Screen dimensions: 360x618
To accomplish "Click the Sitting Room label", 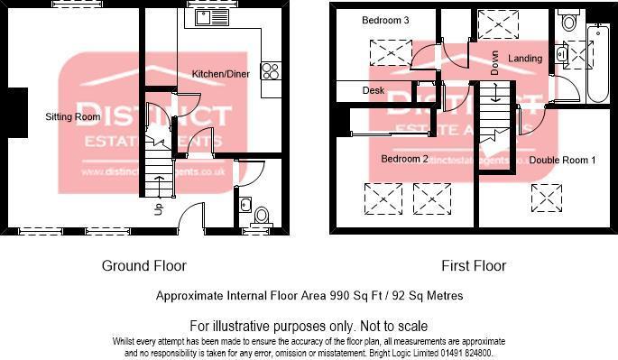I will click(x=73, y=117).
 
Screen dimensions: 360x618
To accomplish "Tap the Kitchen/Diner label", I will click(x=221, y=73).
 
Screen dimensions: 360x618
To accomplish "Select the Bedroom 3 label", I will click(x=384, y=20).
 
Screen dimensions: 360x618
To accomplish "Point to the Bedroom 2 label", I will click(x=403, y=159).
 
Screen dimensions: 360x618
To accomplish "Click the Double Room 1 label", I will click(x=562, y=160).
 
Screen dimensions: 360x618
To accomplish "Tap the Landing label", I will click(x=525, y=59).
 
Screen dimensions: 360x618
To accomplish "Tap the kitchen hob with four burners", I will click(x=271, y=72).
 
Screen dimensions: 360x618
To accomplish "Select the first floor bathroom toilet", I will click(x=568, y=22).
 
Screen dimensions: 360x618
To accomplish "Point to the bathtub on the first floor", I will click(x=596, y=63).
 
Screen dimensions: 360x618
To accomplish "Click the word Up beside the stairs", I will click(x=160, y=211).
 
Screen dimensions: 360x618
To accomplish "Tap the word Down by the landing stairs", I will click(x=494, y=61).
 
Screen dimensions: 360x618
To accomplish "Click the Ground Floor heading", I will click(x=143, y=266).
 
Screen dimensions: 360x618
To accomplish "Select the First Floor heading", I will click(x=473, y=266).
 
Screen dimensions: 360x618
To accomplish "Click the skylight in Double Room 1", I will click(x=545, y=194).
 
